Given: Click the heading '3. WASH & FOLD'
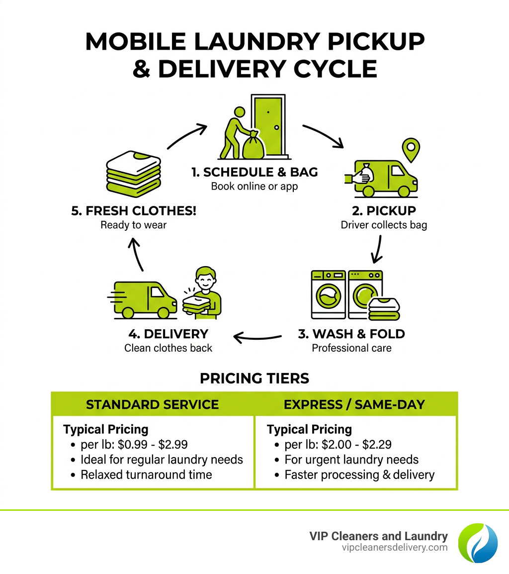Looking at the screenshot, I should click(351, 334).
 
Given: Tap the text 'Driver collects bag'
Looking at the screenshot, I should click(384, 225).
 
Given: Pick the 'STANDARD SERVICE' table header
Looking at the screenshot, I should click(153, 404).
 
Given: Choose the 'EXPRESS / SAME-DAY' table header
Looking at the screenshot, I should click(354, 404).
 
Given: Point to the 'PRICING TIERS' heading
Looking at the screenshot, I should click(254, 379).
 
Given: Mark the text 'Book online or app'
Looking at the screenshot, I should click(254, 187).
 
